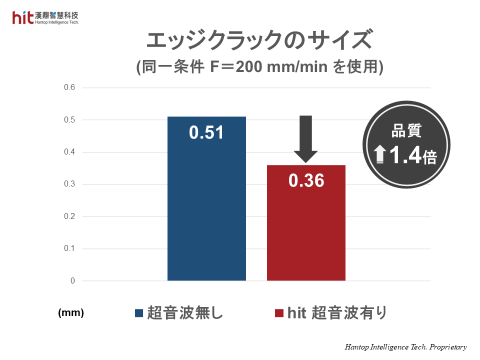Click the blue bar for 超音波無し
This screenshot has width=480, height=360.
[206, 210]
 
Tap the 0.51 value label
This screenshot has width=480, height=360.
[206, 133]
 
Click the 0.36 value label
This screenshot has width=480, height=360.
[306, 181]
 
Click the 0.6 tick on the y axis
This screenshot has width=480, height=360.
[69, 87]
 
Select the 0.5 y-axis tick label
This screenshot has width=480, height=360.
[69, 120]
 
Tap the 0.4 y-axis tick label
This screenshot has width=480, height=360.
[69, 152]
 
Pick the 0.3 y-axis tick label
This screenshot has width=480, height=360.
[69, 184]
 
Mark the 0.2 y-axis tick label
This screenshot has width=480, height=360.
[69, 216]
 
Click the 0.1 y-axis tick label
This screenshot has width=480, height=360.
[69, 248]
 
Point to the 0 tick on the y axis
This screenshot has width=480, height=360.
[72, 281]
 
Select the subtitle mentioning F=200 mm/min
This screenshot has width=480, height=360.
[259, 67]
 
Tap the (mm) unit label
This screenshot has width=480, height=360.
[71, 313]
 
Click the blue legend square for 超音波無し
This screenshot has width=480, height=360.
[139, 313]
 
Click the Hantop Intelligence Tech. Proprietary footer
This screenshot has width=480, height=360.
[405, 346]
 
